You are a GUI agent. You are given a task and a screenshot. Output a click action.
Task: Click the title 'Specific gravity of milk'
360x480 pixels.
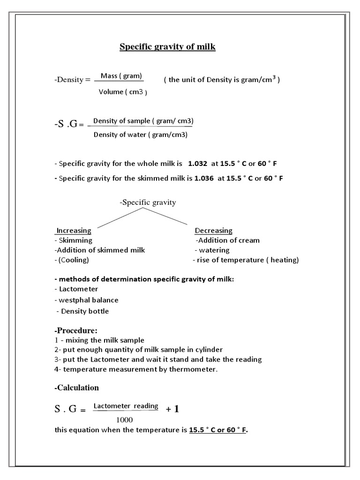click(x=167, y=47)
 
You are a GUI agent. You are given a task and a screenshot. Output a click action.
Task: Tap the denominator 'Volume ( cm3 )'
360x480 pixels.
click(x=122, y=92)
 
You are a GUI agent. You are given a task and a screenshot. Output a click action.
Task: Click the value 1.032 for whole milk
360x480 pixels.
click(x=197, y=164)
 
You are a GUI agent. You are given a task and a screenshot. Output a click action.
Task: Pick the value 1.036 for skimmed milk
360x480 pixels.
click(x=204, y=179)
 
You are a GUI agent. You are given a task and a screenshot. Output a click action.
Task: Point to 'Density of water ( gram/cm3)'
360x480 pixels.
click(x=141, y=135)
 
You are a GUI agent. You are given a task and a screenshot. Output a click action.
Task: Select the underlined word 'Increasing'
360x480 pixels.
click(x=74, y=231)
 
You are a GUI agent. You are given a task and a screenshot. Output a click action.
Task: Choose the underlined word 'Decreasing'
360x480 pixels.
click(x=213, y=231)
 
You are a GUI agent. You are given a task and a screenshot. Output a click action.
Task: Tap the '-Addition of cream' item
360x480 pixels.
click(x=227, y=240)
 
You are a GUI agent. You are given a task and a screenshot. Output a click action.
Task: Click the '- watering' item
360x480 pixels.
click(x=212, y=250)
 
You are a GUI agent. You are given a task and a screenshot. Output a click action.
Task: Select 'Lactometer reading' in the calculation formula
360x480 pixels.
click(x=126, y=406)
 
